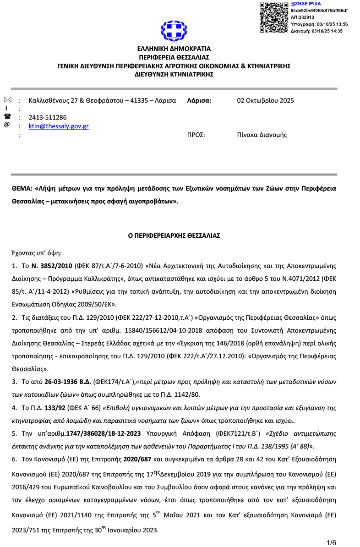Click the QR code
(274, 17)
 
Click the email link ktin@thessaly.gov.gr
(59, 126)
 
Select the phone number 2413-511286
(48, 117)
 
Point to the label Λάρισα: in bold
(199, 101)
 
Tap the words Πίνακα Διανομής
(262, 135)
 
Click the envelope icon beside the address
(7, 100)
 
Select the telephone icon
(7, 116)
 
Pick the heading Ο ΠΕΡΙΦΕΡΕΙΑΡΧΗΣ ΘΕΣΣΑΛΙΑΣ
(174, 235)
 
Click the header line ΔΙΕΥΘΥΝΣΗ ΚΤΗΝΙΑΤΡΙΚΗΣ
(174, 74)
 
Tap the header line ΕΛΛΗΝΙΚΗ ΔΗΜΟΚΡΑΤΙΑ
(174, 49)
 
